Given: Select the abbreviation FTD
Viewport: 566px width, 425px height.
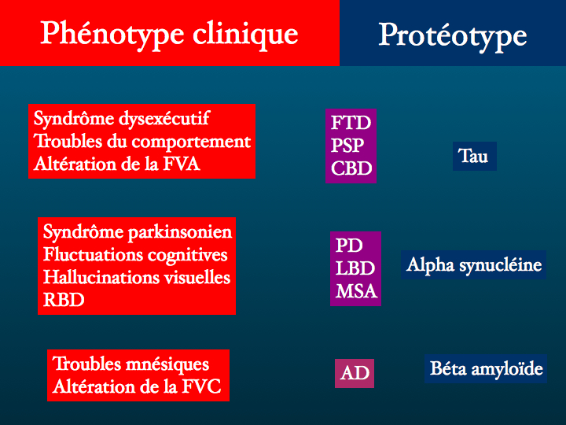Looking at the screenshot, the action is tap(351, 123).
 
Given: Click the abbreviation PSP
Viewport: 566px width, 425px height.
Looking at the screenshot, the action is tap(347, 146).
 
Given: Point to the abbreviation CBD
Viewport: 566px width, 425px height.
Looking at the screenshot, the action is tap(351, 168).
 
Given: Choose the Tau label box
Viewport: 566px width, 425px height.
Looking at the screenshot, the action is tap(475, 156).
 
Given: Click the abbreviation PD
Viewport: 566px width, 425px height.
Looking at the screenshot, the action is tap(349, 246).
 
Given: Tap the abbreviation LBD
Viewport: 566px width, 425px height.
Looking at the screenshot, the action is tap(355, 268).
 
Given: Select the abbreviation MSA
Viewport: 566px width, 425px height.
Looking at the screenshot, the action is tap(357, 291).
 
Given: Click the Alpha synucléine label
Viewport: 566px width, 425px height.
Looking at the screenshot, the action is tap(473, 265).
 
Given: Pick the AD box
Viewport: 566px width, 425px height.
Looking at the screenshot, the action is tap(355, 373).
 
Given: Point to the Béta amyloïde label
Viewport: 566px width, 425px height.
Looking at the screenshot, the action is tap(486, 369).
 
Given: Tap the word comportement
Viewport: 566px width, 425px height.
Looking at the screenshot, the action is tap(191, 142).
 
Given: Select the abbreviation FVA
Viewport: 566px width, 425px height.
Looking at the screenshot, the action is tap(182, 164).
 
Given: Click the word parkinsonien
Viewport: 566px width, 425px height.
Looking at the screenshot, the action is tap(180, 232).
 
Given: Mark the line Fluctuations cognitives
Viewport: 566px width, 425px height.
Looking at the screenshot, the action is tap(135, 255).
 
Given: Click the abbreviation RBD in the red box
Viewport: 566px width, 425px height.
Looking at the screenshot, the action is tap(64, 300).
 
